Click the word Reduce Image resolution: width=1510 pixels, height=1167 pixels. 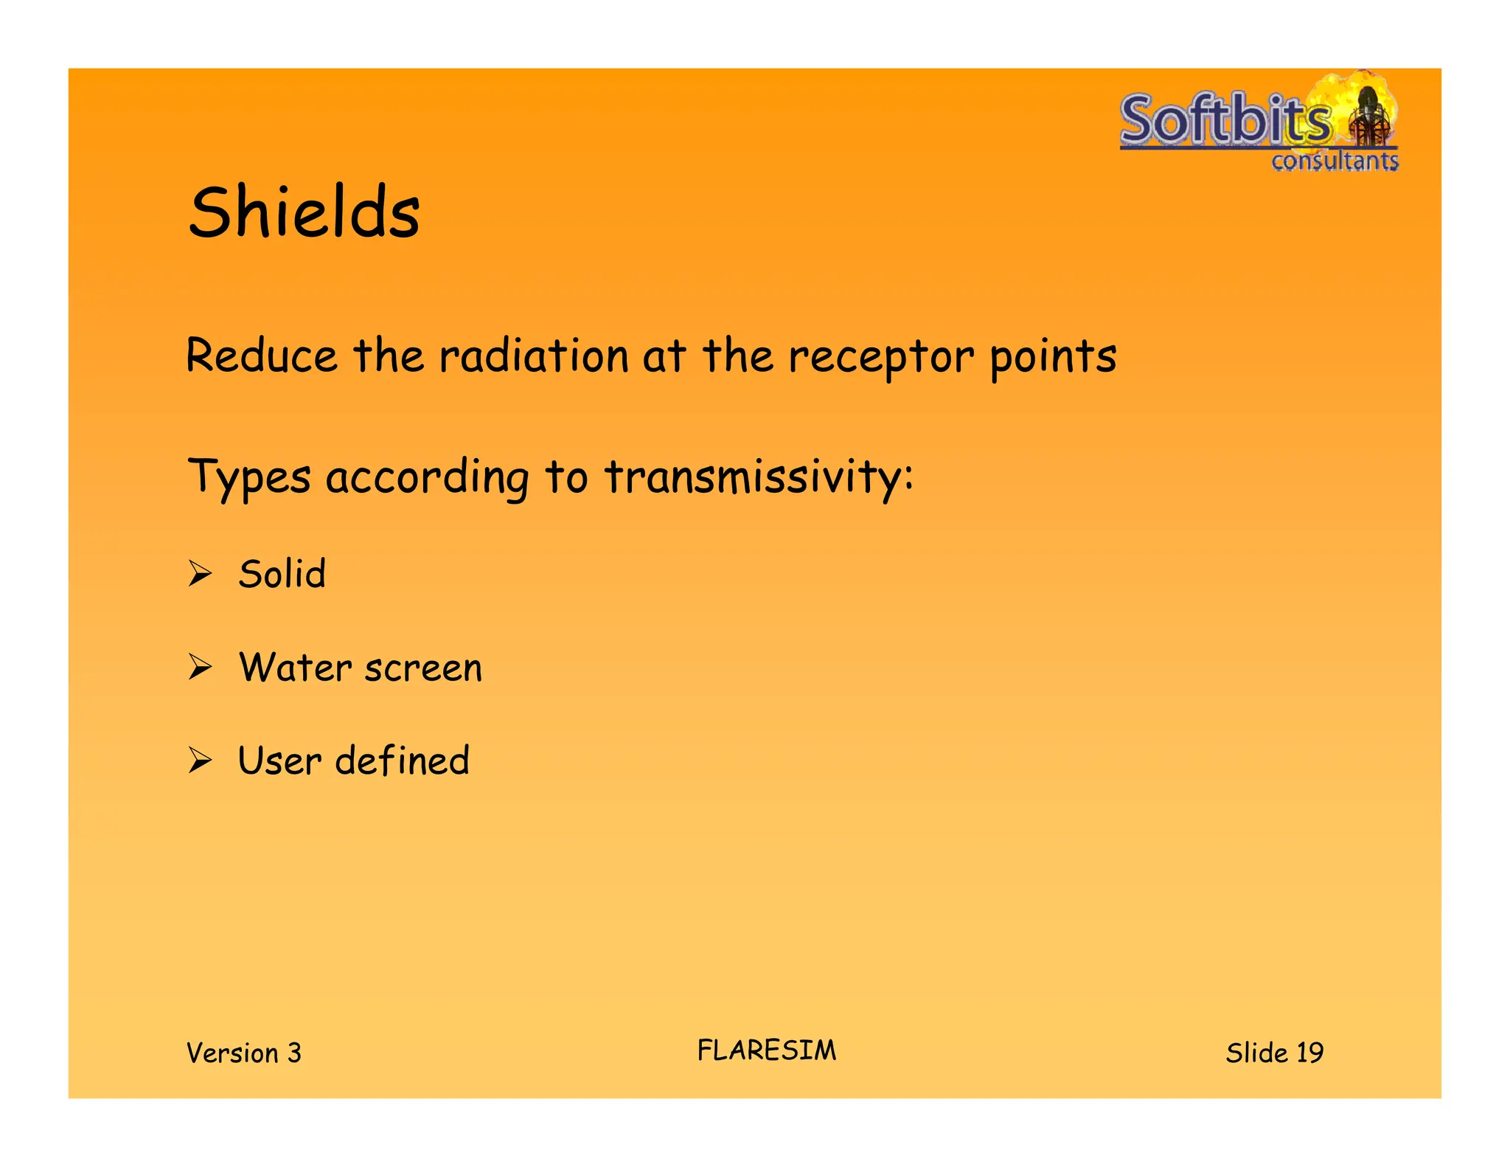point(262,356)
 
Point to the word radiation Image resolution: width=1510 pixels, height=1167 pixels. point(533,356)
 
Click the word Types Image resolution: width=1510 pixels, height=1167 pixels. point(249,477)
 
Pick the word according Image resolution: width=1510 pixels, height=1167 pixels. point(427,477)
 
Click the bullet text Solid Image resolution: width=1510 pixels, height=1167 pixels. point(282,574)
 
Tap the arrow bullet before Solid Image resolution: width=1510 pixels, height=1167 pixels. point(200,573)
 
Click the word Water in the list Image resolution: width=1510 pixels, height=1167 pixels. point(296,668)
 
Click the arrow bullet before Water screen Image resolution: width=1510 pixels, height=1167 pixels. point(200,667)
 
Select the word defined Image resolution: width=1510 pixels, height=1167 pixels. point(402,761)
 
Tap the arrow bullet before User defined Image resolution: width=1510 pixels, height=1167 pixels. point(200,760)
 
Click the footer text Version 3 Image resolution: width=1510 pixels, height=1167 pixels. point(244,1053)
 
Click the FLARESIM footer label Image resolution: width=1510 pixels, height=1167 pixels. point(767,1050)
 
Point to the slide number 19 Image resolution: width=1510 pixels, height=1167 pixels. point(1309,1053)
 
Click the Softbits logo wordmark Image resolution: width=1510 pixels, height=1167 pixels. point(1225,120)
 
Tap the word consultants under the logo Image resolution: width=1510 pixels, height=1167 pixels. point(1335,161)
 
